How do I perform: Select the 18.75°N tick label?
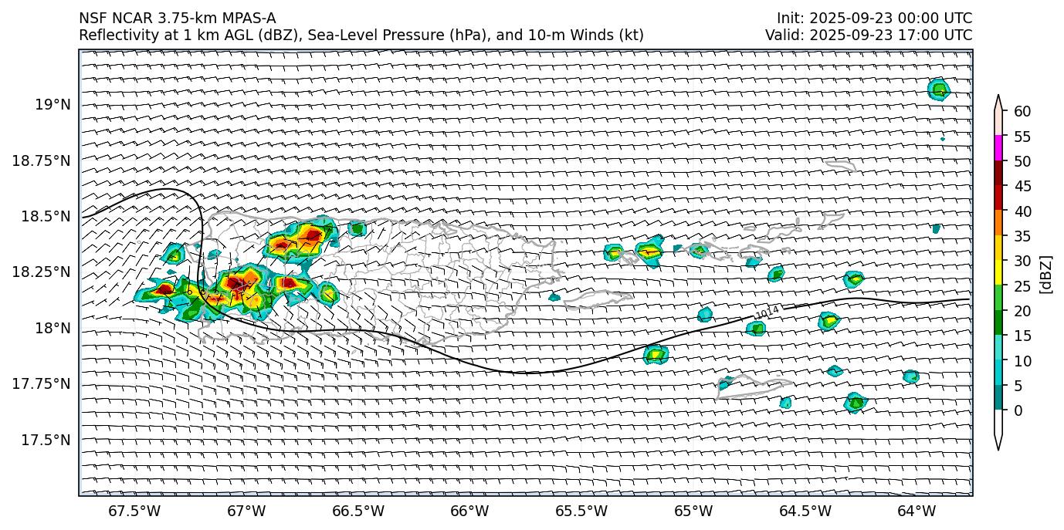point(42,161)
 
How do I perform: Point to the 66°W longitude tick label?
point(469,511)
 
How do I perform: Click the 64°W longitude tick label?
point(917,511)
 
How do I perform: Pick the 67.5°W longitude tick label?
point(134,511)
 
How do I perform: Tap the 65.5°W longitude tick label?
point(581,511)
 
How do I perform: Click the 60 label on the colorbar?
point(1022,112)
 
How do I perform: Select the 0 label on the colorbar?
point(1018,410)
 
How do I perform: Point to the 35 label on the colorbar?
point(1022,236)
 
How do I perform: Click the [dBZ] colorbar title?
point(1048,274)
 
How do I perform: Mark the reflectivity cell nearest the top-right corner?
point(938,89)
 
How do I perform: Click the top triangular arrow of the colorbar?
point(998,103)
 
